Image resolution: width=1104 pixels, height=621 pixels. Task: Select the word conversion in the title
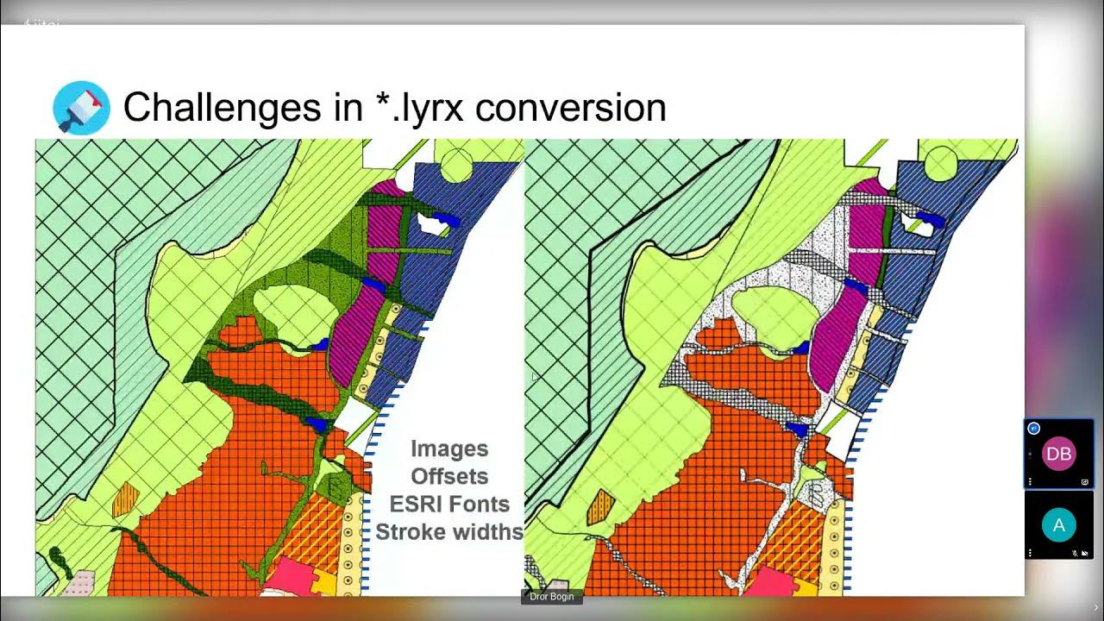click(x=570, y=108)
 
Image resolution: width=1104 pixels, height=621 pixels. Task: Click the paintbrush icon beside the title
click(x=81, y=109)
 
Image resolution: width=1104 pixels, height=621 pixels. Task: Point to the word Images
click(x=449, y=448)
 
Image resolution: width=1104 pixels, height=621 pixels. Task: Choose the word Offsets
click(x=449, y=476)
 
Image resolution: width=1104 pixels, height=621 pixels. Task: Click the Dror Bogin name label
click(x=552, y=596)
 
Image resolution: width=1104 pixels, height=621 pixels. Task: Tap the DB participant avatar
click(x=1058, y=455)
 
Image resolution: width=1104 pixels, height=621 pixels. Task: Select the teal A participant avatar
click(x=1058, y=524)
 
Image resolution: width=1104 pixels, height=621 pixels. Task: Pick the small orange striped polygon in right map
click(x=600, y=507)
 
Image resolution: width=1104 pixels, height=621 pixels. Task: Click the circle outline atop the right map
click(x=940, y=161)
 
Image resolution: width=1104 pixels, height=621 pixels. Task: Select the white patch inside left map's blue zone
click(x=431, y=223)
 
